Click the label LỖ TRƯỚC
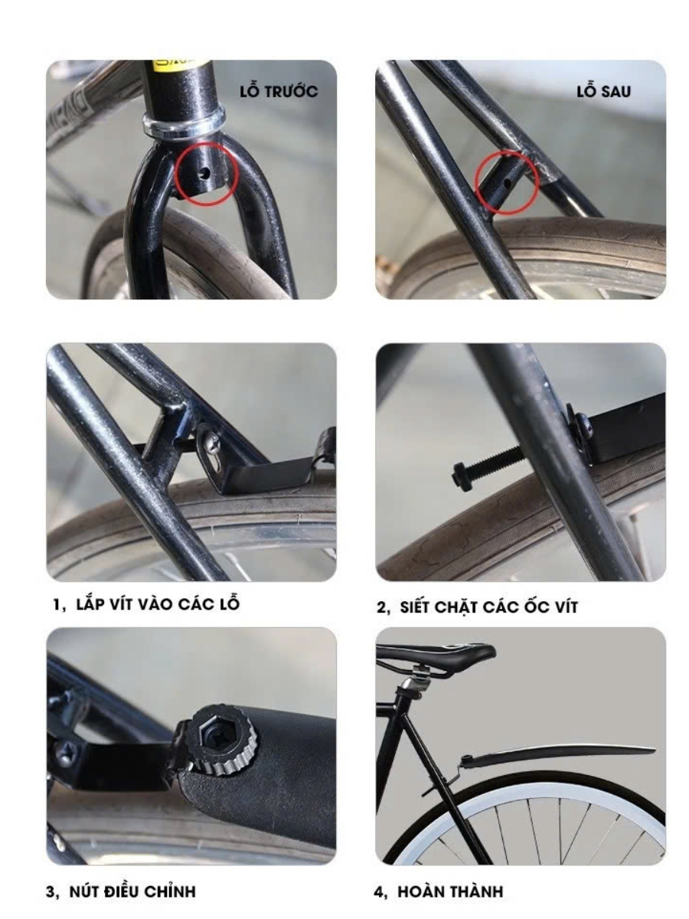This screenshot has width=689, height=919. [x=279, y=92]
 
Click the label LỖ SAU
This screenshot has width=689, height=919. [x=603, y=92]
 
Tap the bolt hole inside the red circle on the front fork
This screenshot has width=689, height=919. [x=204, y=172]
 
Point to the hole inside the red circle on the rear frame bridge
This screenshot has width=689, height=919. [x=507, y=183]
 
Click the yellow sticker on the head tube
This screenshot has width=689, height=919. [x=181, y=63]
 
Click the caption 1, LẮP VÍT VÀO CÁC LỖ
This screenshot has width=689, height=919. [x=146, y=604]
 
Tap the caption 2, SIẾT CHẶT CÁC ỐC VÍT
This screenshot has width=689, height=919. [x=477, y=607]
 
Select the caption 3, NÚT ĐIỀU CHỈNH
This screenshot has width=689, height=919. [x=120, y=891]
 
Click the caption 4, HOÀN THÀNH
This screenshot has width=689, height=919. [x=439, y=891]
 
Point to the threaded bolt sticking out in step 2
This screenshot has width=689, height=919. [x=488, y=463]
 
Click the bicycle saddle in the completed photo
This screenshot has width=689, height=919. [x=435, y=656]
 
